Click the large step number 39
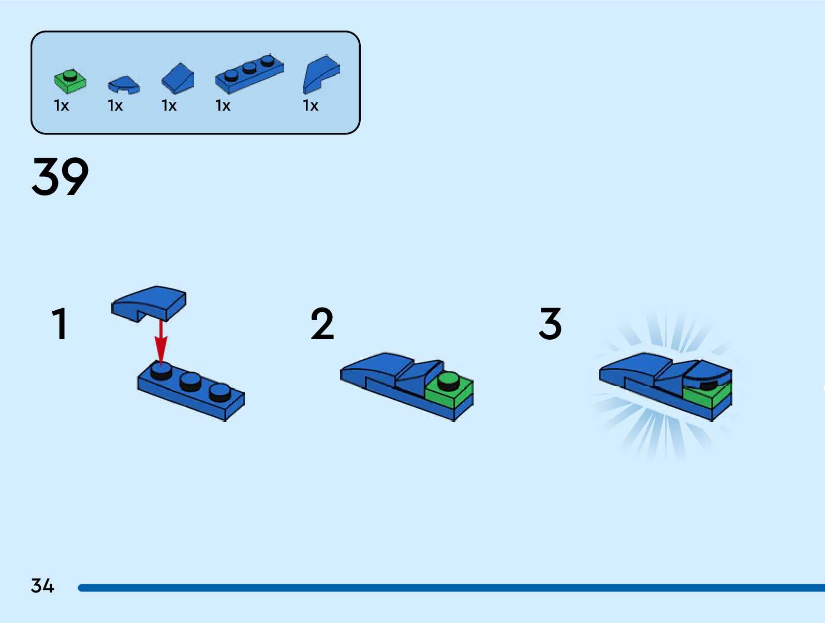tap(60, 177)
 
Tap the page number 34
tap(42, 586)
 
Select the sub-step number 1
tap(60, 324)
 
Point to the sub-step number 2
tap(322, 324)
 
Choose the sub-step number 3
tap(550, 324)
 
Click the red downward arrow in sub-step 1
tap(161, 343)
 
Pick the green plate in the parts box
tap(70, 81)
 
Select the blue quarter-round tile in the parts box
tap(124, 85)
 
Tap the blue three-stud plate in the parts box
tap(249, 73)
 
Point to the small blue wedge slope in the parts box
tap(178, 79)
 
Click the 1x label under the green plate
tap(61, 106)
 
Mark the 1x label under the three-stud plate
tap(223, 106)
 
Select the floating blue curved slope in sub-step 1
tap(149, 302)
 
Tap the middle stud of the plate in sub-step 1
tap(190, 381)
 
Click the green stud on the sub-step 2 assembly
tap(448, 381)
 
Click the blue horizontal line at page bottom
tap(450, 587)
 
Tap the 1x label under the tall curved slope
tap(311, 106)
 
